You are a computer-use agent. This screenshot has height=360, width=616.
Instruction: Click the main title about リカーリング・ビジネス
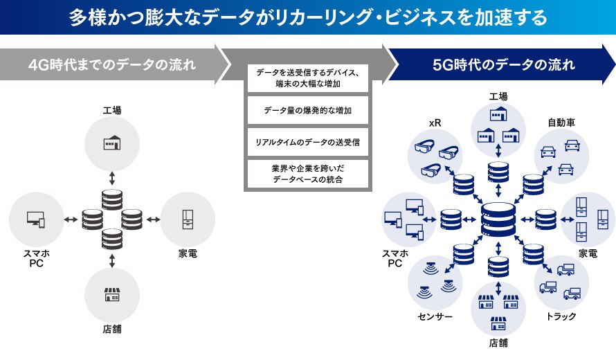(x=308, y=17)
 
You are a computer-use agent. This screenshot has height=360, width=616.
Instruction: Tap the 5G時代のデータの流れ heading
(x=503, y=65)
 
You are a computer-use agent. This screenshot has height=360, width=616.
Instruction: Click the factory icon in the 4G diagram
(x=112, y=143)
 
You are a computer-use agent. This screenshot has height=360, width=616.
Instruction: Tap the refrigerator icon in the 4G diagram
(x=188, y=219)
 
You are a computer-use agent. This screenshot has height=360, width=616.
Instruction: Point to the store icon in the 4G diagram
(x=112, y=296)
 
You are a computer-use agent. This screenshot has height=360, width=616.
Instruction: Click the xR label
(x=435, y=123)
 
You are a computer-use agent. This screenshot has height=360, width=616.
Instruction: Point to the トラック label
(x=560, y=316)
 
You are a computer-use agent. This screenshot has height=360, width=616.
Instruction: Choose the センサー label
(x=435, y=316)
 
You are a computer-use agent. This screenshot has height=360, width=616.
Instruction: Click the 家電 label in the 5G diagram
(x=588, y=253)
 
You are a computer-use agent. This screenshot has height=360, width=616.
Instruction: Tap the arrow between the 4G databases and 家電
(x=152, y=219)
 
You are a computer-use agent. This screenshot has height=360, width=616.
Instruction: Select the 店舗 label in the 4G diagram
(x=112, y=330)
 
